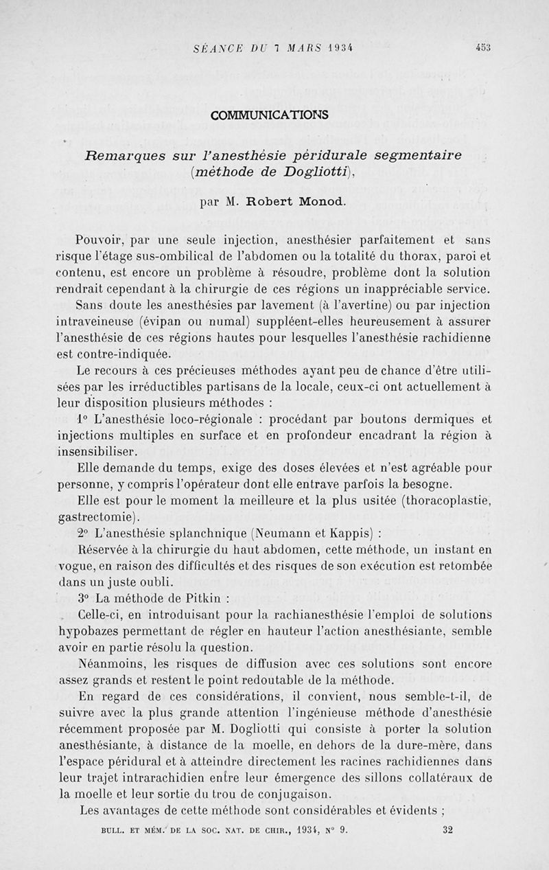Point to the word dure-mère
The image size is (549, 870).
click(x=440, y=746)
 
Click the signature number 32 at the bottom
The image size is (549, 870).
click(x=447, y=829)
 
